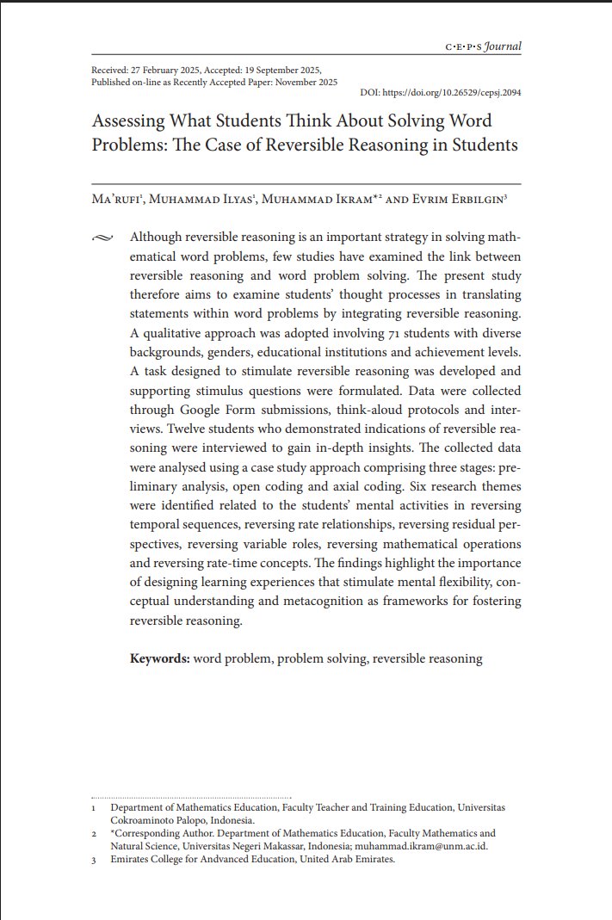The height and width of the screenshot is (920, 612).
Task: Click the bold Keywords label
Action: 159,659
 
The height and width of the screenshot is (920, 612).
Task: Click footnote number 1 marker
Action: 94,808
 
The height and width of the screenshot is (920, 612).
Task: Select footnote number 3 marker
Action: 94,860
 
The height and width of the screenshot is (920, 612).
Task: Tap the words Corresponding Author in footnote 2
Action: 162,833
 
